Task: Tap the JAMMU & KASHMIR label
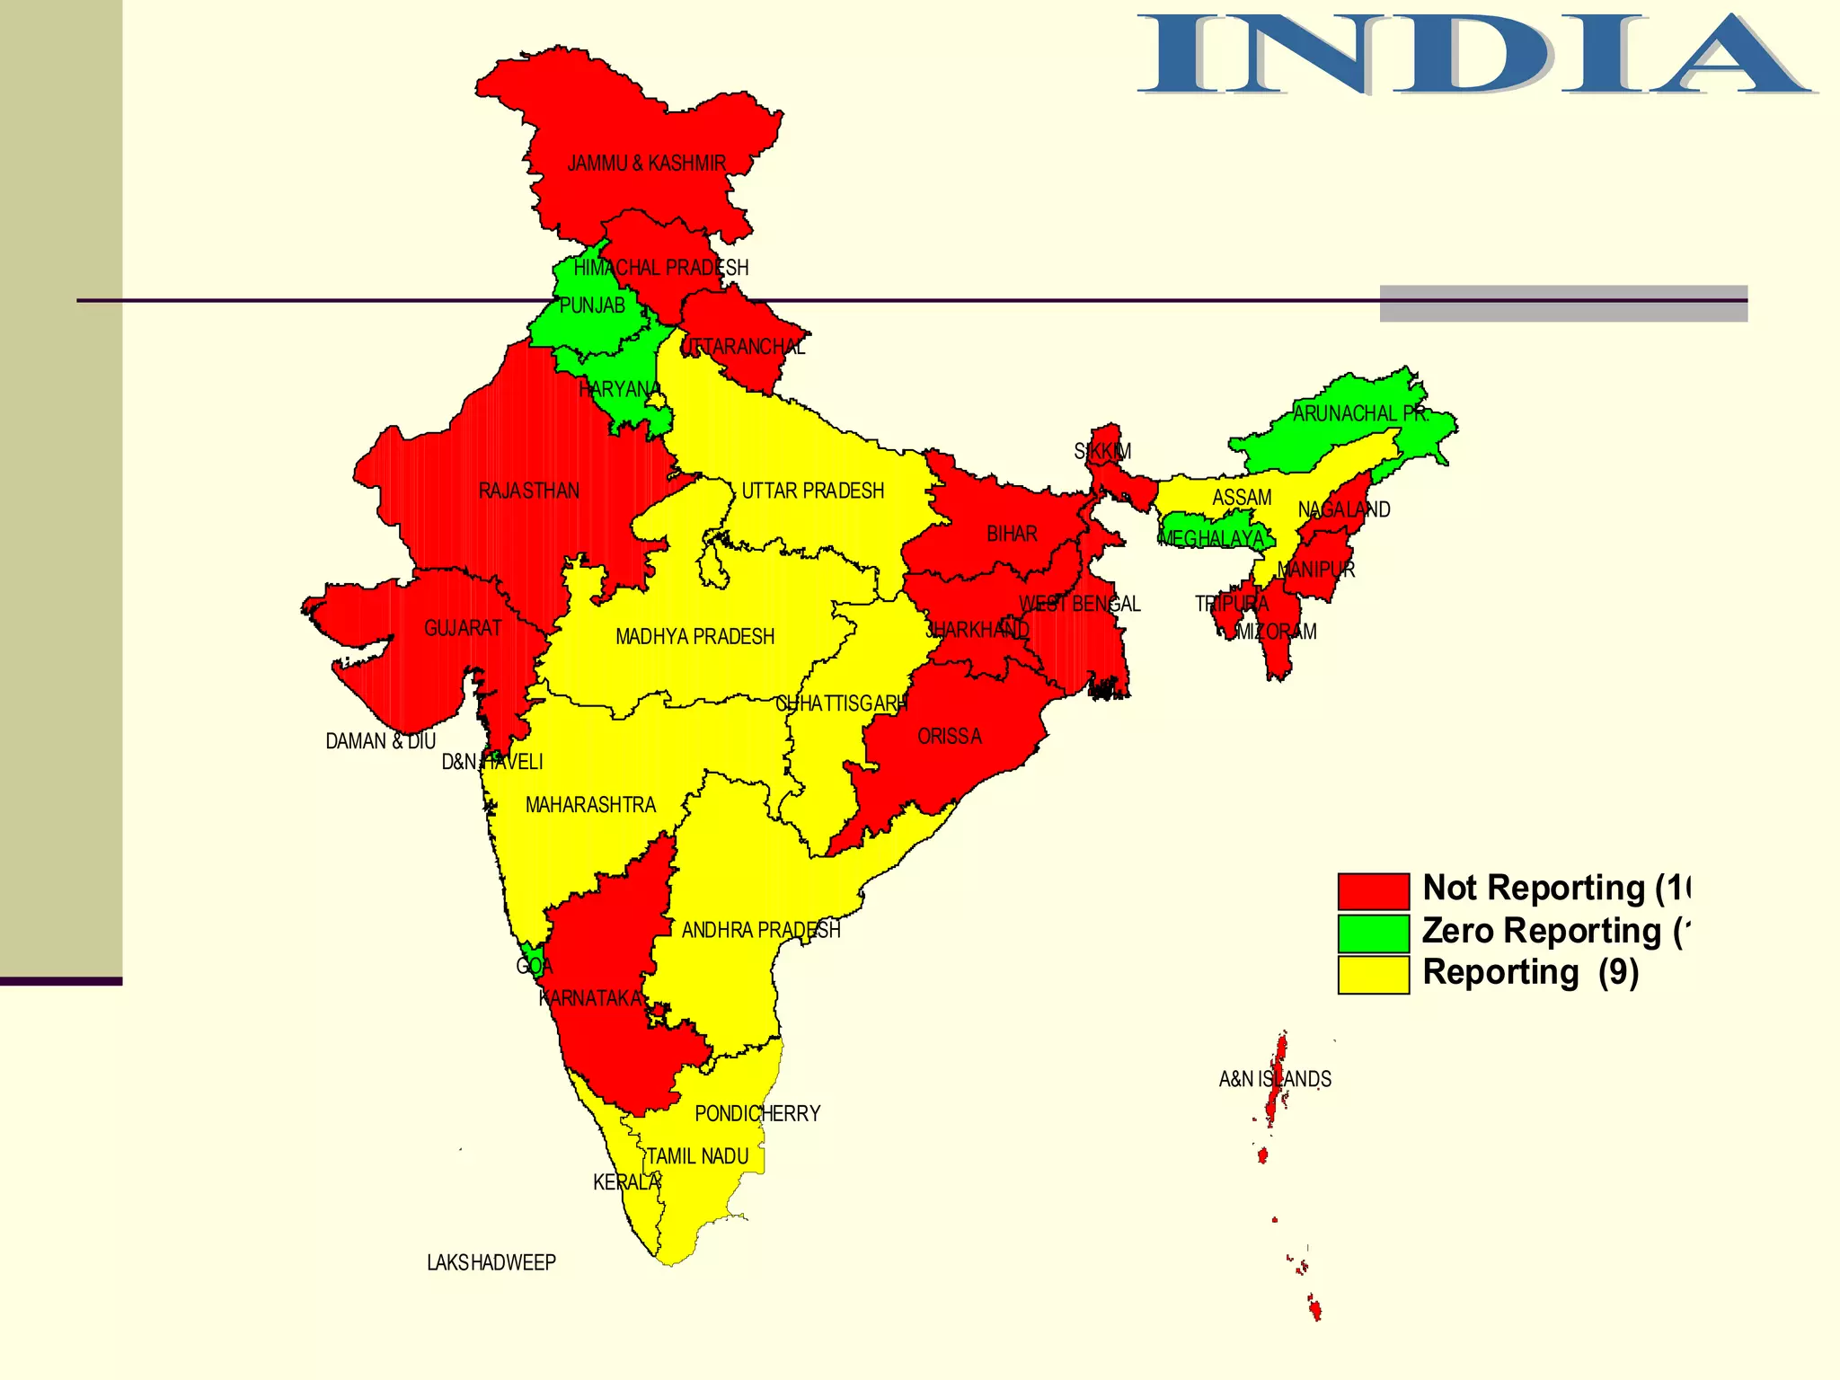click(x=646, y=164)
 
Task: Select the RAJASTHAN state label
click(x=528, y=491)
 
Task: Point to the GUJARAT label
click(x=463, y=628)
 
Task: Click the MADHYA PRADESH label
click(x=694, y=637)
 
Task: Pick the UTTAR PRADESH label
click(x=812, y=491)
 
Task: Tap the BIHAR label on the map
click(x=1012, y=535)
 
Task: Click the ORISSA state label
click(x=950, y=737)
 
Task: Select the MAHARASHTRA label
click(x=590, y=805)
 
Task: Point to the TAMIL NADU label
click(x=697, y=1156)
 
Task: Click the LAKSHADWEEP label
click(x=491, y=1263)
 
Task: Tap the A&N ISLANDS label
click(x=1275, y=1079)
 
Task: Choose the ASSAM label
click(x=1242, y=498)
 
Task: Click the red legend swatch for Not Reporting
click(x=1373, y=891)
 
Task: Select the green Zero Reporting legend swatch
click(x=1373, y=933)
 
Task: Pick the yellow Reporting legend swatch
click(x=1373, y=975)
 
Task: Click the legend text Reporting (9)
click(x=1530, y=973)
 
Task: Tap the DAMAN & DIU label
click(x=380, y=742)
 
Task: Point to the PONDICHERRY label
click(x=757, y=1114)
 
